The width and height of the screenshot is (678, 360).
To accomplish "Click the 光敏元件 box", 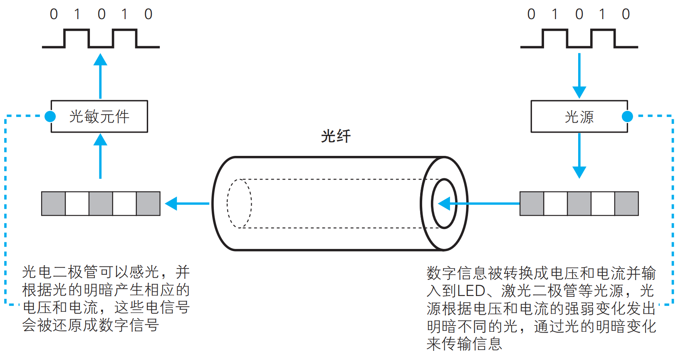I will click(x=99, y=116).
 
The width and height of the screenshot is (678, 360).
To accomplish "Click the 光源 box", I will click(x=579, y=116).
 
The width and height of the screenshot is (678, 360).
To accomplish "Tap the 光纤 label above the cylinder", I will click(x=336, y=136).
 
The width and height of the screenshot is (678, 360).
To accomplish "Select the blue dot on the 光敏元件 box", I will click(x=50, y=116).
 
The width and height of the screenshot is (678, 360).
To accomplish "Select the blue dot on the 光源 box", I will click(x=627, y=116).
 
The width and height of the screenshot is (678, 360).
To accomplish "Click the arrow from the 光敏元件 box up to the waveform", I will click(x=100, y=77).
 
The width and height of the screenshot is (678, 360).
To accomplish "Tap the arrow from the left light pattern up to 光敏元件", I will click(x=100, y=156).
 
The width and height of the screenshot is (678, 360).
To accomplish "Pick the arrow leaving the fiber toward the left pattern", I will click(x=187, y=204).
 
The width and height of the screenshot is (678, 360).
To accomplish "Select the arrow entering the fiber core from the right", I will click(x=478, y=204).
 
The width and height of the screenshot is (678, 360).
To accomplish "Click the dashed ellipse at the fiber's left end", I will click(x=239, y=204).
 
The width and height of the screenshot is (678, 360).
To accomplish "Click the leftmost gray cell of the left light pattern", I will click(x=53, y=204).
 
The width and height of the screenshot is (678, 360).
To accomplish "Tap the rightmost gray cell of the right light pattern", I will click(x=626, y=204).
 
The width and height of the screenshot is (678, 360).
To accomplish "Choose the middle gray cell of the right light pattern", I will click(x=579, y=204).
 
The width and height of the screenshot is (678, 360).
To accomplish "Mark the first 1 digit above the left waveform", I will click(x=77, y=15).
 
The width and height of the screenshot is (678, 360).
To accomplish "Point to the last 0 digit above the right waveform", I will click(x=626, y=15).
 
